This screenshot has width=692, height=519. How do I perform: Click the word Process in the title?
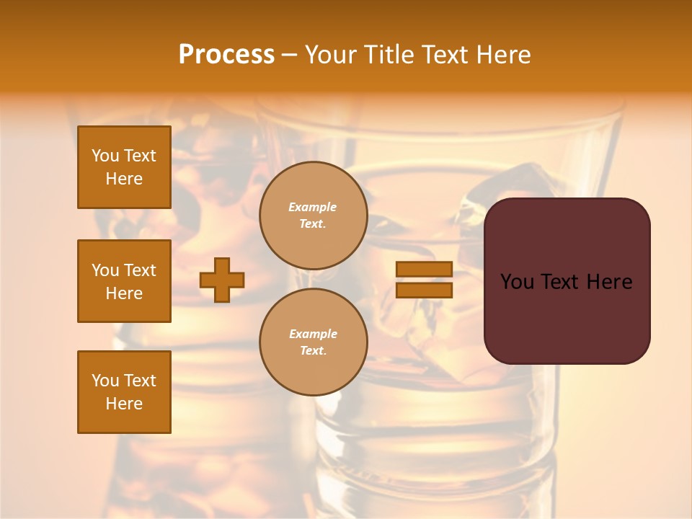(x=226, y=55)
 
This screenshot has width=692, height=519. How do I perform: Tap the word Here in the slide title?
(x=504, y=55)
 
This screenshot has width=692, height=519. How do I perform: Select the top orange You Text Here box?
(x=124, y=167)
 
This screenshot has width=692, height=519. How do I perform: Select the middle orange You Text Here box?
(x=124, y=281)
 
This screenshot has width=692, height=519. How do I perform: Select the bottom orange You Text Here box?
(x=124, y=392)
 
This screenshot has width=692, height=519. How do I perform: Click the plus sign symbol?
(x=222, y=280)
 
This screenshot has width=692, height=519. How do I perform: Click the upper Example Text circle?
(x=313, y=216)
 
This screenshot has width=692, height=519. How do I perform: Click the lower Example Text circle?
(x=313, y=342)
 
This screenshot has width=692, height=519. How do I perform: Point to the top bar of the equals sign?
(x=424, y=269)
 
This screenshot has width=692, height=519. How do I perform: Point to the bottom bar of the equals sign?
(x=424, y=290)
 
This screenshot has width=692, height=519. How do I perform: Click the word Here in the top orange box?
(x=124, y=179)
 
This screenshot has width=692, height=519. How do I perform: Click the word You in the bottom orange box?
(x=105, y=381)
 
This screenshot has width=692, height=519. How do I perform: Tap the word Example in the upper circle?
(x=313, y=207)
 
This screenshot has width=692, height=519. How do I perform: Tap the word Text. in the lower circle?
(x=313, y=351)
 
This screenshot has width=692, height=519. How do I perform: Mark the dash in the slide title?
(x=289, y=55)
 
